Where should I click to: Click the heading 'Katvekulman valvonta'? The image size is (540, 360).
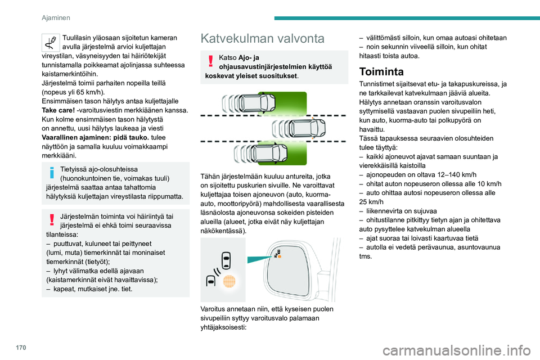262,39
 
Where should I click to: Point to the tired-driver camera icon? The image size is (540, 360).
51,42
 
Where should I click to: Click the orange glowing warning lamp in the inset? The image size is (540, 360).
227,281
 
